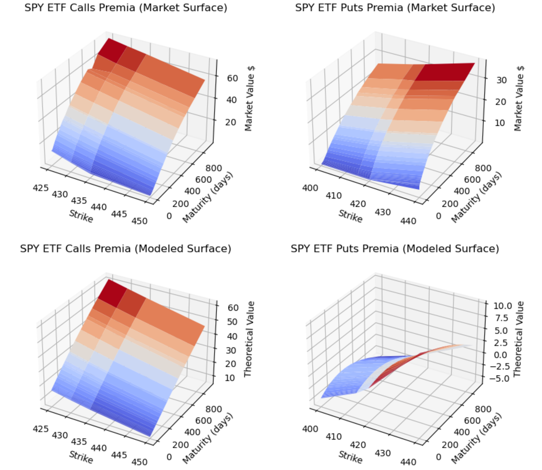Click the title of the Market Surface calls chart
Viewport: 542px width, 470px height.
[126, 8]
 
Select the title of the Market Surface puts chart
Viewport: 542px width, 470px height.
[395, 8]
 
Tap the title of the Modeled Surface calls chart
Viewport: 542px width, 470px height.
[126, 249]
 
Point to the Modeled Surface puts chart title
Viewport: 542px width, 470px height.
[395, 249]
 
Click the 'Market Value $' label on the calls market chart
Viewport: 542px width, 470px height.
[249, 98]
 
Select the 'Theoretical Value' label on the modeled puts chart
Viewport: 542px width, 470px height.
[518, 339]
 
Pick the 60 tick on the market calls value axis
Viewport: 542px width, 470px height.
[232, 78]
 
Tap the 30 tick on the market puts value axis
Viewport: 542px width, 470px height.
[502, 80]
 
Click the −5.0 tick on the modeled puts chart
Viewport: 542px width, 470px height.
[501, 378]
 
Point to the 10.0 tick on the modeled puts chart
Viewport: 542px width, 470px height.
[503, 306]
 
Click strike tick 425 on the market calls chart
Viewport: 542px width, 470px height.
[41, 188]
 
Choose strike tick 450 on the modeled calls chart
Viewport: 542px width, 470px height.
[139, 462]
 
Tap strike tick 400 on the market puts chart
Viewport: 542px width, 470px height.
[310, 188]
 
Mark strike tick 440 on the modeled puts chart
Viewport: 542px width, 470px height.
[408, 462]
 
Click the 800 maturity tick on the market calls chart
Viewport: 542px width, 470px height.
[214, 168]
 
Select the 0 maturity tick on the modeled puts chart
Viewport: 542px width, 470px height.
[438, 457]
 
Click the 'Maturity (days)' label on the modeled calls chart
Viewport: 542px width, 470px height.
[208, 438]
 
